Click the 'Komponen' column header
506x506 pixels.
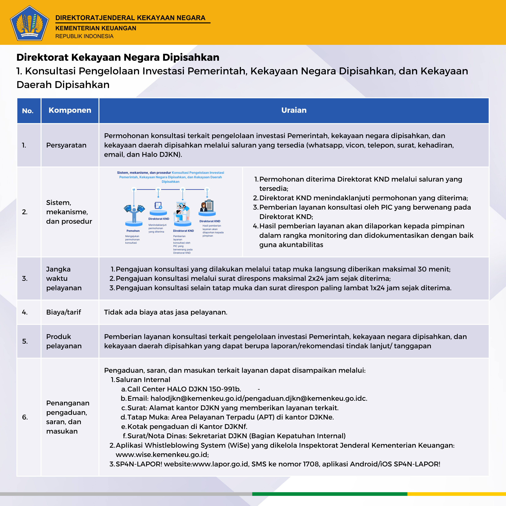pos(70,110)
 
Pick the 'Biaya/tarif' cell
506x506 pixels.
pos(63,312)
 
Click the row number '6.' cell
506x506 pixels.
pos(25,417)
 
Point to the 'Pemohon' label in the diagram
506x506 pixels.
pos(133,231)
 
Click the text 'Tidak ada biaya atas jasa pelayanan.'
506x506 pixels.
pos(166,312)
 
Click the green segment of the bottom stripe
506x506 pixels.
pos(330,494)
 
